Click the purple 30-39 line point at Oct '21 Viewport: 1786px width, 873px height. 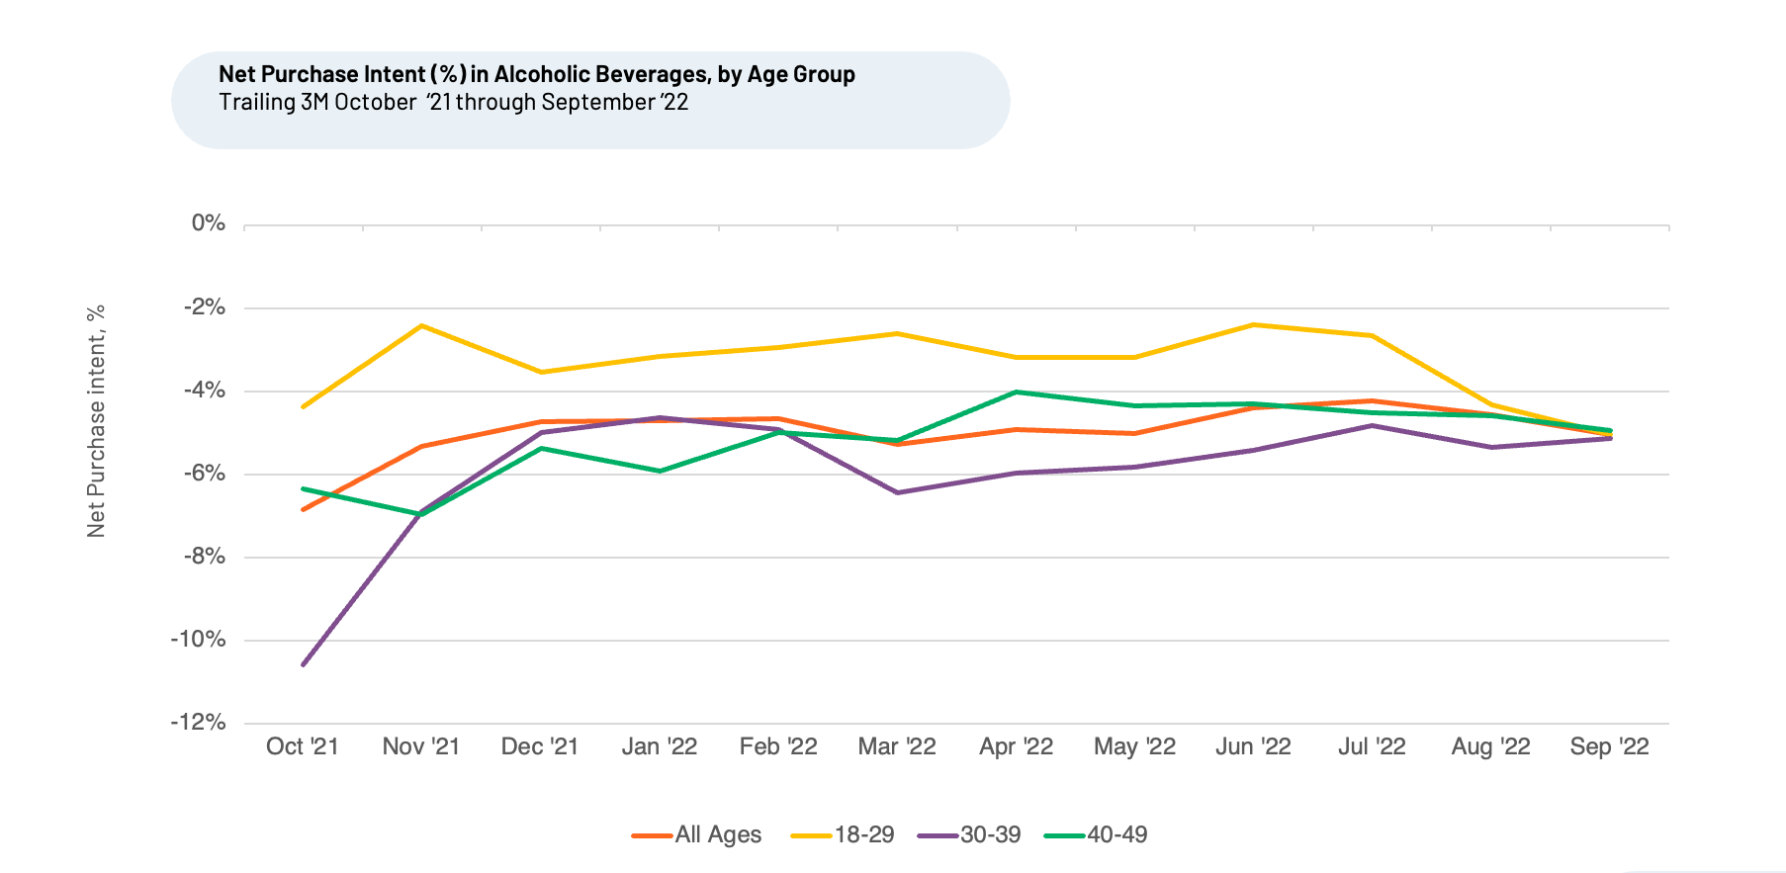click(x=303, y=664)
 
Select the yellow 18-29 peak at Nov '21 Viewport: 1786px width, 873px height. click(x=422, y=325)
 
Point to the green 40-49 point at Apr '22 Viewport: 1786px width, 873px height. click(x=1016, y=393)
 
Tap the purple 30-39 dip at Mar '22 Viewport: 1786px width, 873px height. click(x=897, y=492)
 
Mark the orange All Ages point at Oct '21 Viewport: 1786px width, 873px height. click(x=303, y=509)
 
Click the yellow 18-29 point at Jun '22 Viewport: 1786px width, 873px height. click(x=1253, y=324)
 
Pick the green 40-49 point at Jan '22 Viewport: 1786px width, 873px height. click(x=660, y=471)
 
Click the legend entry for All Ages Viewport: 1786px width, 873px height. click(x=697, y=834)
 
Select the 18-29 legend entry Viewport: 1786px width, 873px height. click(x=843, y=834)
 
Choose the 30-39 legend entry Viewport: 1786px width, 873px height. click(x=969, y=834)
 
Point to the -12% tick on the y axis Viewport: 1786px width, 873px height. click(x=199, y=722)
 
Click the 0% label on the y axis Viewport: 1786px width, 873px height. click(x=209, y=223)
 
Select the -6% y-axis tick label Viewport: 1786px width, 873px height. click(x=204, y=474)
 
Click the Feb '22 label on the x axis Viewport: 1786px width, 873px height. click(x=778, y=746)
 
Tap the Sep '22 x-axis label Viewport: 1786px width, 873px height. click(x=1609, y=746)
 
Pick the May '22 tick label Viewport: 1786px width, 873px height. click(x=1134, y=746)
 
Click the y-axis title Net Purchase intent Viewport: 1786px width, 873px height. click(x=96, y=421)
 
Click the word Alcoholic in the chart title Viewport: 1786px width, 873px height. click(x=542, y=74)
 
